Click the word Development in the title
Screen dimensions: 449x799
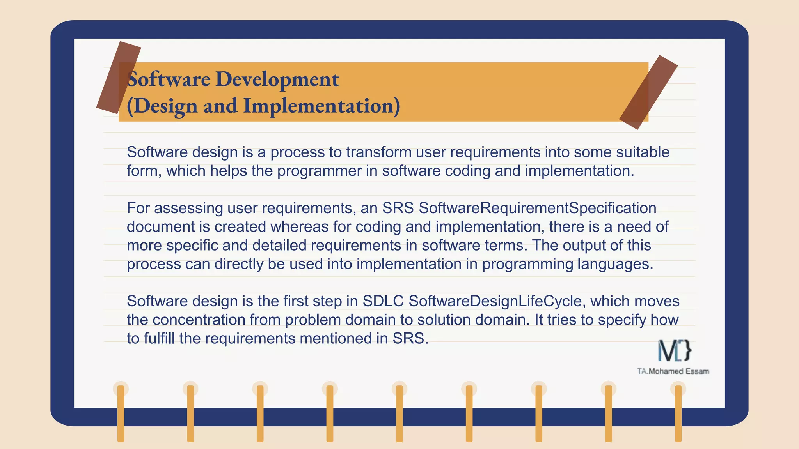(277, 80)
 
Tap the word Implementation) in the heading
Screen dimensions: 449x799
(321, 106)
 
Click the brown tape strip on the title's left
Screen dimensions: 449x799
(118, 78)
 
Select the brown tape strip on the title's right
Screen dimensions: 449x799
(648, 92)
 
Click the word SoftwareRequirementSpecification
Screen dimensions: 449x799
(537, 208)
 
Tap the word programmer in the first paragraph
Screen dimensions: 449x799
(320, 171)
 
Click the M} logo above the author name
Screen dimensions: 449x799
(675, 350)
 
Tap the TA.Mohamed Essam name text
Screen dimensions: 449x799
(673, 371)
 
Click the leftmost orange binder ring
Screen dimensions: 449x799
(121, 413)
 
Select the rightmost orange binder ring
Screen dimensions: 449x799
(678, 413)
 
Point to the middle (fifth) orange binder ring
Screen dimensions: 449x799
(399, 413)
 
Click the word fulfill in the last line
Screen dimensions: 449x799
(159, 338)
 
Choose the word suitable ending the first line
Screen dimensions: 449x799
(643, 152)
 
